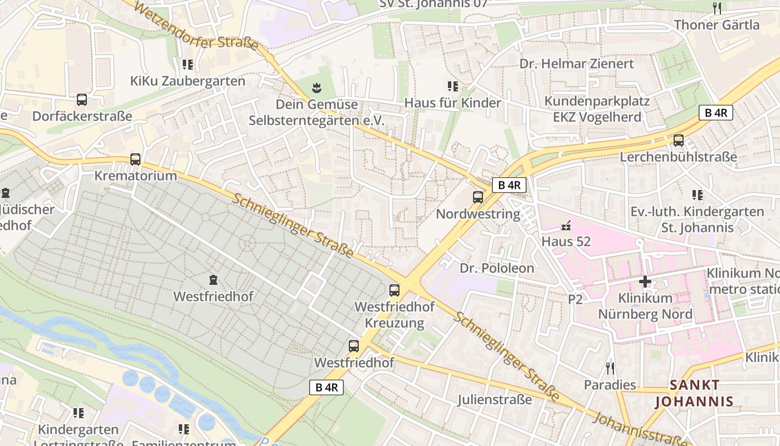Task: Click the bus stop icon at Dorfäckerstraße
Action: pos(82,100)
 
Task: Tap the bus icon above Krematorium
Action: pos(135,159)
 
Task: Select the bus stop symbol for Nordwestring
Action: pos(478,197)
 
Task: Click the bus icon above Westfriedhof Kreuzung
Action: pos(394,290)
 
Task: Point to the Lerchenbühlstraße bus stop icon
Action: pos(679,140)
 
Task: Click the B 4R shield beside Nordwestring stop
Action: pos(509,185)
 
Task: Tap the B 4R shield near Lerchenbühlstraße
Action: pos(716,113)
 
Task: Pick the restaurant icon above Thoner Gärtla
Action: pos(717,8)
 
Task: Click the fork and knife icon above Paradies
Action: pos(610,368)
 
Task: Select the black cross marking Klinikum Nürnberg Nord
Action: pos(645,282)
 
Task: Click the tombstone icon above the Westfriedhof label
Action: pos(213,279)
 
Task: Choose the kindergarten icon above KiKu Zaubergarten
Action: pos(188,65)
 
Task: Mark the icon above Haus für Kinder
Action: pos(453,86)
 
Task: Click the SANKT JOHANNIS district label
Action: pos(694,393)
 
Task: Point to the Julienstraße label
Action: pos(495,400)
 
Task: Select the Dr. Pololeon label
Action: pos(496,268)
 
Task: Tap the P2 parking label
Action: pos(576,299)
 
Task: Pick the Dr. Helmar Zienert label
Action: pos(577,64)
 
